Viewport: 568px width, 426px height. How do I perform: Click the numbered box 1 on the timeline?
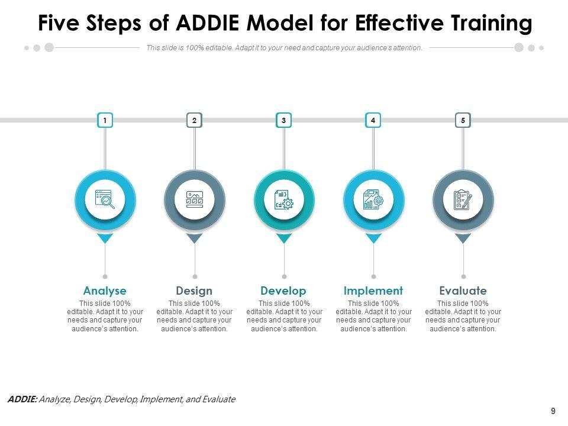pos(105,121)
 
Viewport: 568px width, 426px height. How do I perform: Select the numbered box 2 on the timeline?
pos(194,121)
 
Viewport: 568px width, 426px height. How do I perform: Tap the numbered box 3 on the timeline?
pos(284,121)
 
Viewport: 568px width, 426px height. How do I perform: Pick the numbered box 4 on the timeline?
pos(373,121)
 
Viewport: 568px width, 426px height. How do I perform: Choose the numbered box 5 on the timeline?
pos(463,121)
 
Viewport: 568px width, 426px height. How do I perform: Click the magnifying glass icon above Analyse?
pos(105,199)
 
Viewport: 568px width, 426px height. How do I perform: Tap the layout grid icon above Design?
pos(195,199)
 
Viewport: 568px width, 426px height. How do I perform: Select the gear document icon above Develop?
pos(284,199)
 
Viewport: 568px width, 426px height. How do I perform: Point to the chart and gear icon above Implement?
pos(373,199)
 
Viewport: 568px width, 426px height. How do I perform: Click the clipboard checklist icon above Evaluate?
pos(463,199)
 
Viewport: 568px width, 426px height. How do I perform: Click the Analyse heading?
pos(105,291)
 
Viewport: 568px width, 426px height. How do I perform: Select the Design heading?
pos(194,291)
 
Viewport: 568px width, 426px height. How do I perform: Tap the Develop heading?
pos(283,291)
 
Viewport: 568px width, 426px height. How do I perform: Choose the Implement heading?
pos(373,291)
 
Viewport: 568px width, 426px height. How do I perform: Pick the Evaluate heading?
pos(463,291)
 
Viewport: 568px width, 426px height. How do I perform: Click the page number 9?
pos(553,411)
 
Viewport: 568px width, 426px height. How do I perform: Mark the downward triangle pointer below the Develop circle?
pos(284,238)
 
